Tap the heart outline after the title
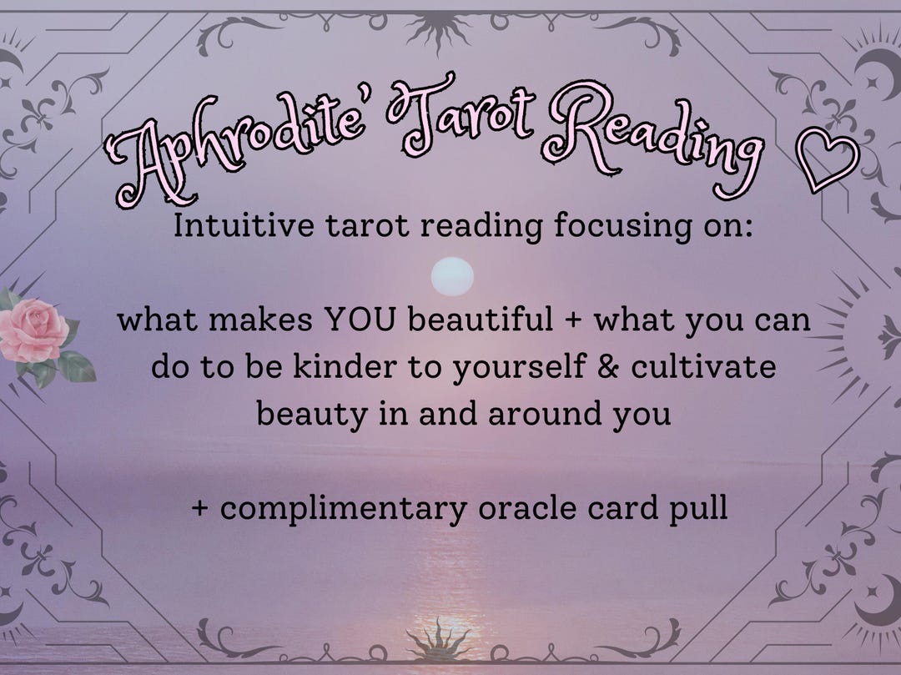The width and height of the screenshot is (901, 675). point(828,160)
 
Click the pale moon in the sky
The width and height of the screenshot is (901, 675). point(453,276)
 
